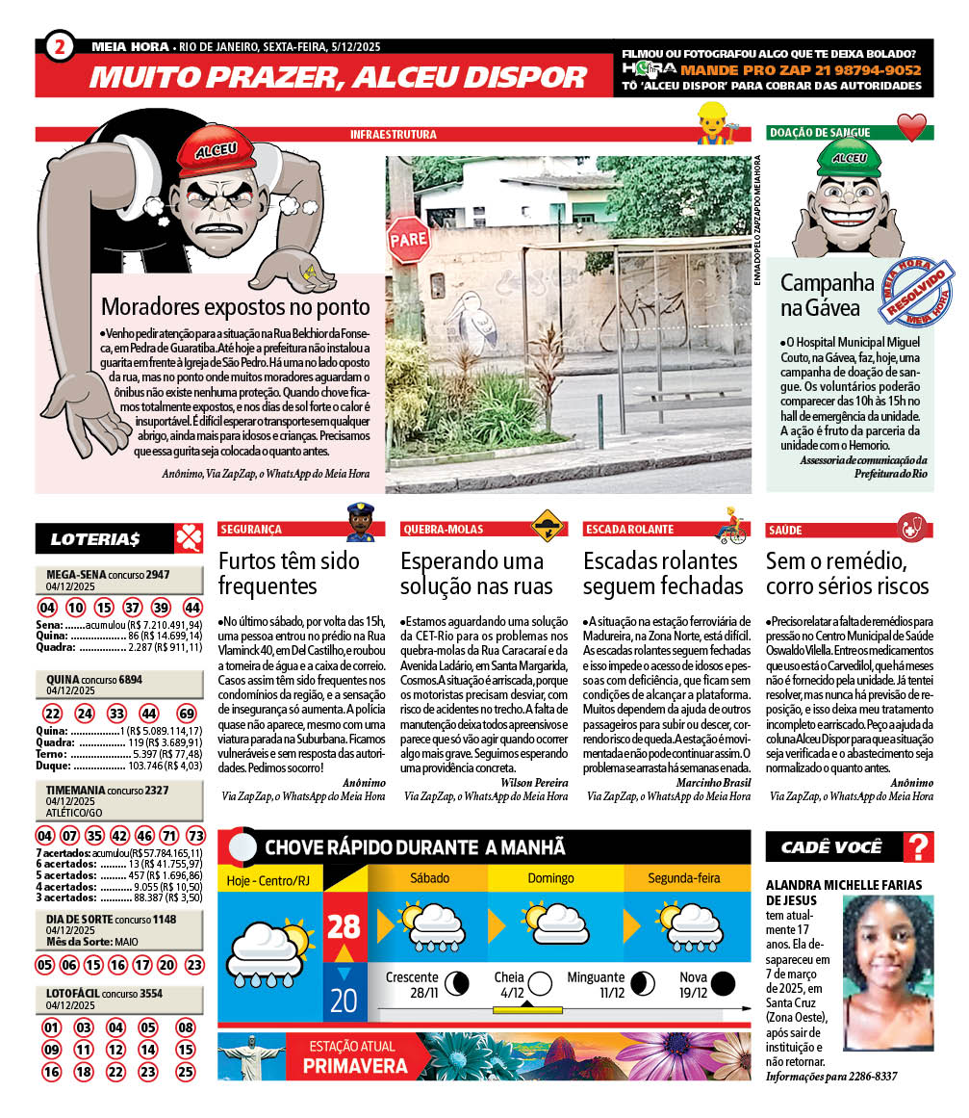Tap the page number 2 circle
coord(61,44)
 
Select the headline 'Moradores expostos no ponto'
coord(236,307)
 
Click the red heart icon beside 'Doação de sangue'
coord(910,129)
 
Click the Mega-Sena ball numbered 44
coord(192,608)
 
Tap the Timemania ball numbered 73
coord(194,835)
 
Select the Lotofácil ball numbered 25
coord(186,1071)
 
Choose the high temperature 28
coord(344,926)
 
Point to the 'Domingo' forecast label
coord(550,878)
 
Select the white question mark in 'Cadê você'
coord(919,847)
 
